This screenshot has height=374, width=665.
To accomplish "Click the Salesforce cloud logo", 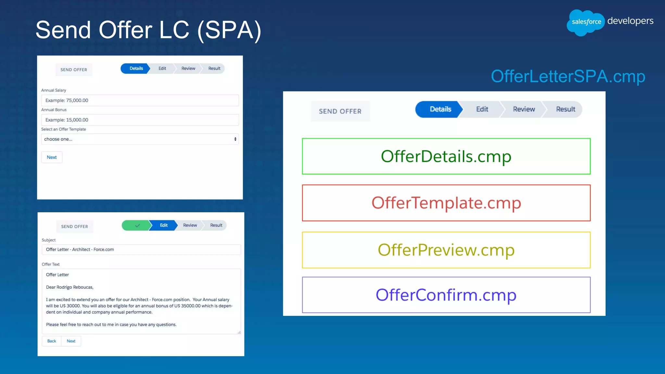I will (x=585, y=22).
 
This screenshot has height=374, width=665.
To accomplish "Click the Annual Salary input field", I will (x=140, y=100).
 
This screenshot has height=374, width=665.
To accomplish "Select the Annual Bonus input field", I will (x=140, y=120).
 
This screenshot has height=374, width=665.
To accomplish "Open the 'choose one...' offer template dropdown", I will (x=140, y=139).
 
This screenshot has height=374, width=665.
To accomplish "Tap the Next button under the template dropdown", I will (x=52, y=157).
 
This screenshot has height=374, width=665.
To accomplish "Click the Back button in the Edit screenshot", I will (x=52, y=341).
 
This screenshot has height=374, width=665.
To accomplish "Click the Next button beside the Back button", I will (x=71, y=341).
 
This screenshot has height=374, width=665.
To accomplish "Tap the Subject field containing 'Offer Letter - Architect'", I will (x=141, y=249).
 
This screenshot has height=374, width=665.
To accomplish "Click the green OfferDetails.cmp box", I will (x=446, y=156).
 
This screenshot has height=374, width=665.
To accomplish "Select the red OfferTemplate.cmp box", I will (x=446, y=203).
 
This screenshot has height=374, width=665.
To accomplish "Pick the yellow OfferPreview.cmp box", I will (x=446, y=250).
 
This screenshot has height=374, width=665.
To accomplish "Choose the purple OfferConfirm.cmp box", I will (x=446, y=295).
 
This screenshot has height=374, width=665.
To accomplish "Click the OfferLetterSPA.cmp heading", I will (x=568, y=77).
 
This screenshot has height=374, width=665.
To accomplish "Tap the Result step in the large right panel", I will (x=565, y=109).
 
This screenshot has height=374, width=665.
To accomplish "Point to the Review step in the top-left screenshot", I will (x=188, y=69).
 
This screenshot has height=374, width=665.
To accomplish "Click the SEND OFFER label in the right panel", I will (x=340, y=111).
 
